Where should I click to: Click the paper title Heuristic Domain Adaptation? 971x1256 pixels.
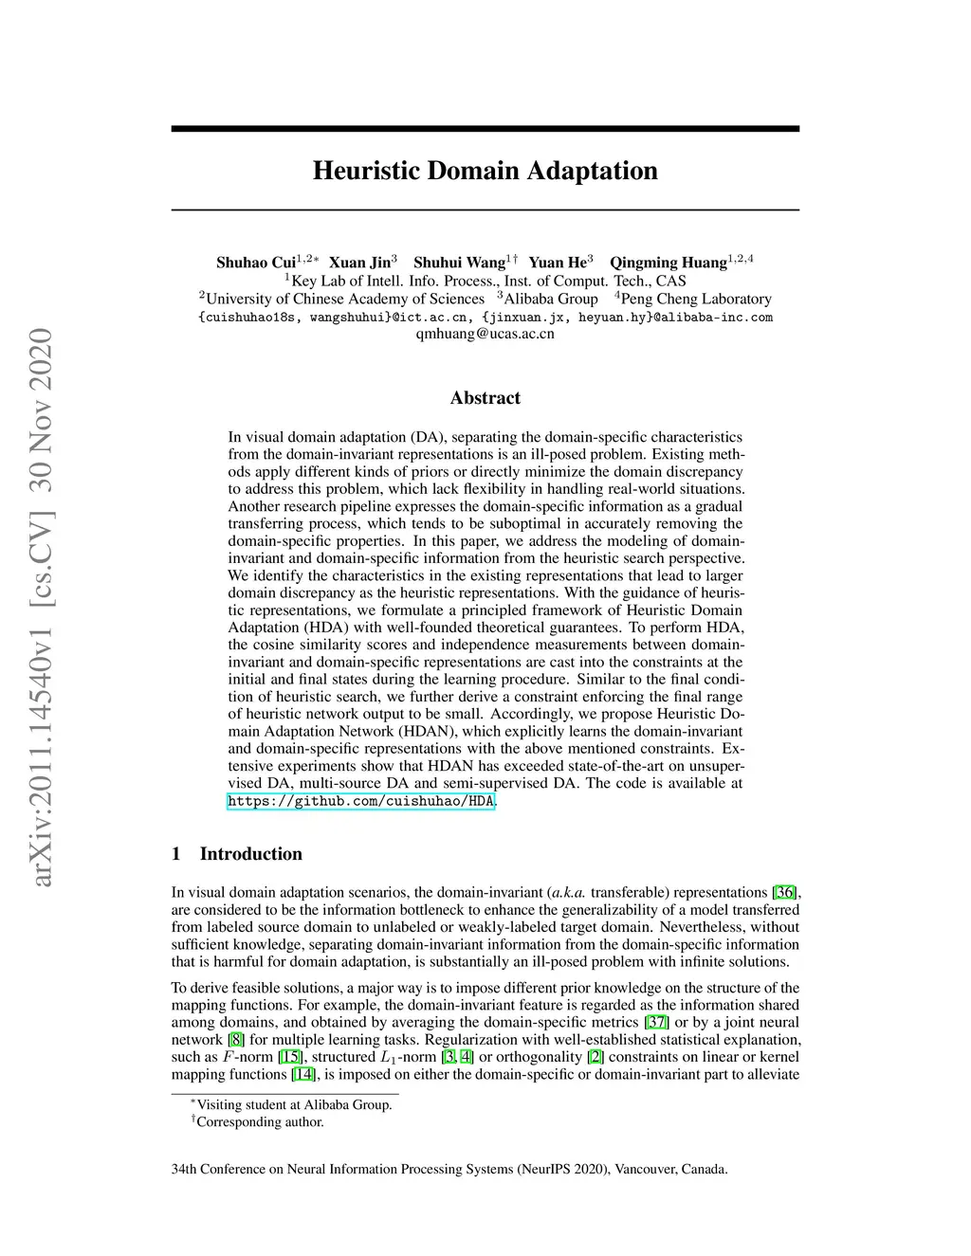pyautogui.click(x=485, y=171)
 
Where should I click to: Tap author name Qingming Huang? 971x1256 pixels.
pyautogui.click(x=668, y=263)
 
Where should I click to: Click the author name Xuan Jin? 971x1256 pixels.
pyautogui.click(x=359, y=263)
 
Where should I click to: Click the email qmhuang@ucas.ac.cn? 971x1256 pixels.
pyautogui.click(x=485, y=334)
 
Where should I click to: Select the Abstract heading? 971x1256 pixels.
pyautogui.click(x=485, y=398)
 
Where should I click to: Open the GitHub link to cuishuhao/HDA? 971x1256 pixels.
pyautogui.click(x=360, y=801)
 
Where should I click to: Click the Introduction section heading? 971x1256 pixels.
pyautogui.click(x=250, y=854)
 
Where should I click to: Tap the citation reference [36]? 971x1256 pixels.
pyautogui.click(x=785, y=892)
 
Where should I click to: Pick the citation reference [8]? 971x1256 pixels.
pyautogui.click(x=236, y=1040)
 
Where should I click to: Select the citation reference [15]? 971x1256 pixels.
pyautogui.click(x=290, y=1057)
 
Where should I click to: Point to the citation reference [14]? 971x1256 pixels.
pyautogui.click(x=303, y=1074)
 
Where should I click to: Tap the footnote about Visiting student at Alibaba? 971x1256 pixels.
pyautogui.click(x=294, y=1104)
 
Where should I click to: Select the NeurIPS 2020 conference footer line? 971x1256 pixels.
pyautogui.click(x=449, y=1169)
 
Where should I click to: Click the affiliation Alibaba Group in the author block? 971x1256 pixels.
pyautogui.click(x=550, y=299)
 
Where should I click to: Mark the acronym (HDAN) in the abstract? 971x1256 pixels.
pyautogui.click(x=396, y=731)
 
